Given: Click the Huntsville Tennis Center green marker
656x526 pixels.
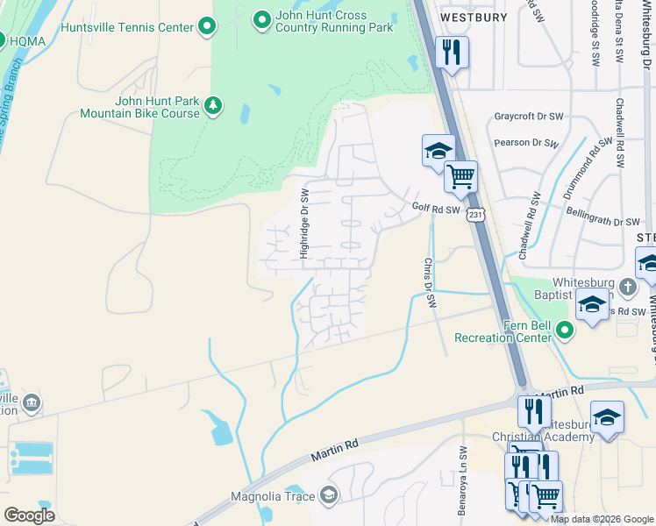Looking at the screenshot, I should (x=207, y=27).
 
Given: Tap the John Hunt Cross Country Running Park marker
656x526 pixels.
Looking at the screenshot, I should (x=261, y=18).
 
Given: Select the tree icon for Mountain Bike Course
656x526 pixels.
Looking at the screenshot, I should (x=212, y=107).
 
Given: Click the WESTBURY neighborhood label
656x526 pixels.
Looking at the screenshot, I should (x=474, y=17).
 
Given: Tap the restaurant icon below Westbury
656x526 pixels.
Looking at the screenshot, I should (x=452, y=52).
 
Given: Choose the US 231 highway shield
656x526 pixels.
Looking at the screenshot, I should (x=474, y=215).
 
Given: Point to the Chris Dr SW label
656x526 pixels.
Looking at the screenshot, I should (x=429, y=282).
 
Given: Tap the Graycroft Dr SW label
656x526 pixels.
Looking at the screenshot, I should (x=527, y=116).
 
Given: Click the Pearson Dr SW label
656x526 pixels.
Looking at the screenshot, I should (x=525, y=142).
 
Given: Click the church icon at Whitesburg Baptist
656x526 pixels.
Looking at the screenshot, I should (x=627, y=287).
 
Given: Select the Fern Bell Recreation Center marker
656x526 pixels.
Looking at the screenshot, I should (x=564, y=331).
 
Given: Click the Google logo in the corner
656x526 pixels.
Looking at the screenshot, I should (x=29, y=515).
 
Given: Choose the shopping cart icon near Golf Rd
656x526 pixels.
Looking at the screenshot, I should (x=460, y=176).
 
